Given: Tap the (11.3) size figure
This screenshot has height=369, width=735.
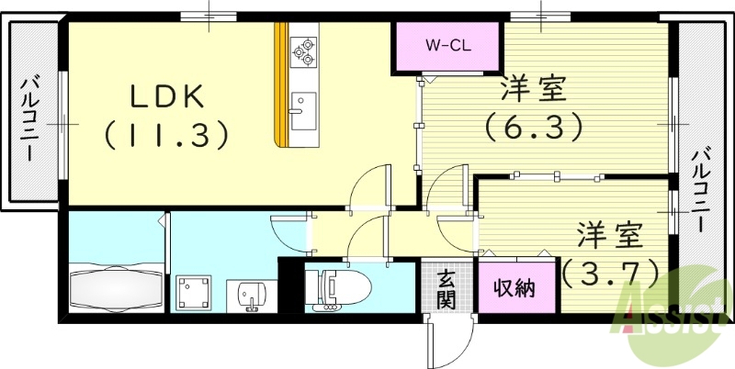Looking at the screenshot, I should [x=165, y=135].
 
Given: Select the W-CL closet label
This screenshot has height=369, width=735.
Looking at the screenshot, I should [x=447, y=45].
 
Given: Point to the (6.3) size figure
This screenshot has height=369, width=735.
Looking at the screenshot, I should [x=534, y=127].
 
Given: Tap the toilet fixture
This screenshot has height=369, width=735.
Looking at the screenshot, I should [x=340, y=289].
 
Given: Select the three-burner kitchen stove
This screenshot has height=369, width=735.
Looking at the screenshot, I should [x=303, y=51].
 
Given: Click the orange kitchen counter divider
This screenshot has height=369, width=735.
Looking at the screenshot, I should [x=281, y=84].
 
